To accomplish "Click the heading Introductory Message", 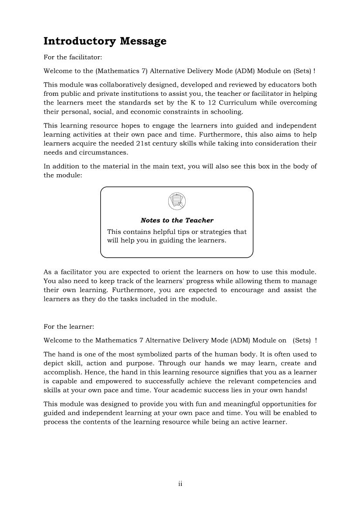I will tap(105, 41).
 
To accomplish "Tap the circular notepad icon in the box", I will tap(177, 202).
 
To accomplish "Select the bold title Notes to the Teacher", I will tap(177, 220).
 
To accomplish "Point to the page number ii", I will tap(180, 484).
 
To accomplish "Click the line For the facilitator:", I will tap(73, 57).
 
